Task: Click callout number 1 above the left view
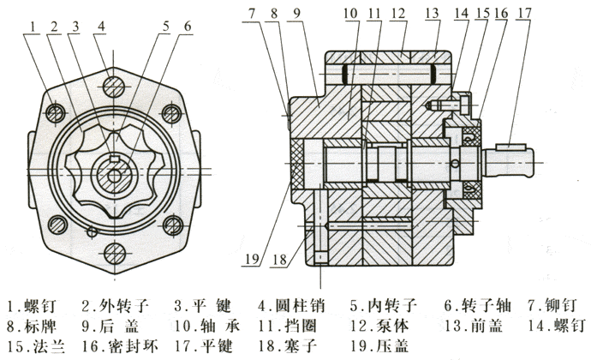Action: point(32,26)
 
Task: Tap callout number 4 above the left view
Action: point(101,26)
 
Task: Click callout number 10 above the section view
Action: point(352,13)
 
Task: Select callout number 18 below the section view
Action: point(280,257)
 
